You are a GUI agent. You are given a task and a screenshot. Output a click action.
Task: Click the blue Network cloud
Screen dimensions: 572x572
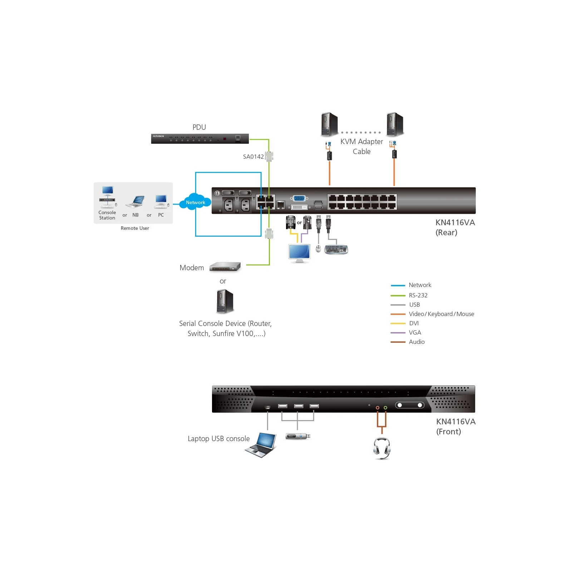[x=196, y=202]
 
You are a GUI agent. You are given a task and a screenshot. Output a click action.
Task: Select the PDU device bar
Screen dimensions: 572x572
[x=200, y=138]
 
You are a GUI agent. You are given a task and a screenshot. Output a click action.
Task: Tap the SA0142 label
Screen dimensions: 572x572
[x=253, y=157]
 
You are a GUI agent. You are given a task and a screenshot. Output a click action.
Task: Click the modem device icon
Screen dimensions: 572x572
[x=225, y=267]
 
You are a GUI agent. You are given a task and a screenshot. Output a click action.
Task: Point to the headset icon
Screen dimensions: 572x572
[x=382, y=448]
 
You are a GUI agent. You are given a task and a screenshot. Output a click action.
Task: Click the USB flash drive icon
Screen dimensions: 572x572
[x=298, y=436]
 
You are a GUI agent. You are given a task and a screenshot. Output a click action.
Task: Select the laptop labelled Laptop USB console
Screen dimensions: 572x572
[x=261, y=445]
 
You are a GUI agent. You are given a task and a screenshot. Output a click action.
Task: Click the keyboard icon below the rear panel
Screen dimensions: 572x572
[x=336, y=249]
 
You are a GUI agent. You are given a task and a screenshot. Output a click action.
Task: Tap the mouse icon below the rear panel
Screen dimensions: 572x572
[x=318, y=248]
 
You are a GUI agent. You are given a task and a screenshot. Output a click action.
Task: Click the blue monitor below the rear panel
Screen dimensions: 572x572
[x=300, y=253]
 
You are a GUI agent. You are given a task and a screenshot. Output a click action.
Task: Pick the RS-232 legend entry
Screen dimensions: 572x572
[x=409, y=295]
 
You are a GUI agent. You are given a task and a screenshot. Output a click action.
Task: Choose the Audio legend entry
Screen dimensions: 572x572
[x=408, y=342]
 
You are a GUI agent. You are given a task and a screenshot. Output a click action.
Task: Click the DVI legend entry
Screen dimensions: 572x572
[x=405, y=323]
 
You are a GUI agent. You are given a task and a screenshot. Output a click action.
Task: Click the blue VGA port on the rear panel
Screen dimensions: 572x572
[x=299, y=198]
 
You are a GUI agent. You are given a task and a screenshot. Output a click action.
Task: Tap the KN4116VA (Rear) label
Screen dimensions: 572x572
[x=455, y=227]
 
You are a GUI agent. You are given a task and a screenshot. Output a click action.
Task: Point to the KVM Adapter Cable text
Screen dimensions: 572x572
[x=361, y=147]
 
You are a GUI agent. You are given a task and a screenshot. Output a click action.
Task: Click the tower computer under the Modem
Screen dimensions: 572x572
[x=225, y=301]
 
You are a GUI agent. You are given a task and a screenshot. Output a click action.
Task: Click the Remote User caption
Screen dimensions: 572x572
[x=135, y=228]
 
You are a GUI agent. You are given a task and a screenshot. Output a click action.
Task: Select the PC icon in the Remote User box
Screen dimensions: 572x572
[x=161, y=201]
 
